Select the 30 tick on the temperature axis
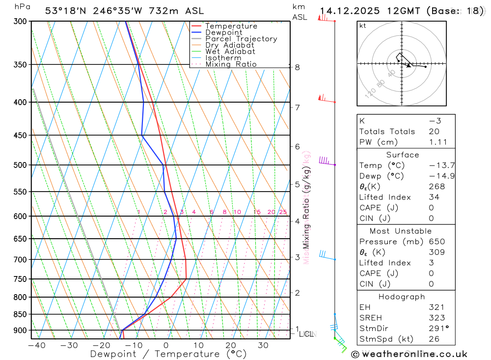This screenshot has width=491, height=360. (x=263, y=345)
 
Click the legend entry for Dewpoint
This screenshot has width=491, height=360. (x=224, y=32)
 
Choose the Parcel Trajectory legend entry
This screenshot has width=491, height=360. (x=241, y=39)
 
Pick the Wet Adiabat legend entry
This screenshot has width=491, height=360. (x=230, y=51)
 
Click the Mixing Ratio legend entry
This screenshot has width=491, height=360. (x=231, y=64)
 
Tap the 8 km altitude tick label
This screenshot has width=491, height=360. (x=298, y=67)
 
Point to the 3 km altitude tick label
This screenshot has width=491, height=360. (x=298, y=257)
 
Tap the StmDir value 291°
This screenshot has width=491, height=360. (x=436, y=329)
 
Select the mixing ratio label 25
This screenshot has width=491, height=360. (x=283, y=212)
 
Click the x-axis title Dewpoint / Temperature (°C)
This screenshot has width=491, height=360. (x=168, y=354)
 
